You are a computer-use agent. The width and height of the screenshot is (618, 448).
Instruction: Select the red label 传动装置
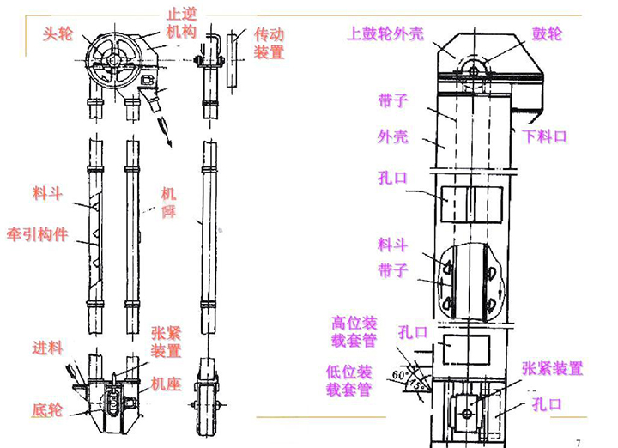coord(269,43)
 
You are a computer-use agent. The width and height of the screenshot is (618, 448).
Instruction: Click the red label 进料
coord(48,348)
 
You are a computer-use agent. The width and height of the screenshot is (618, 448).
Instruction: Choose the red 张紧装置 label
coord(167,342)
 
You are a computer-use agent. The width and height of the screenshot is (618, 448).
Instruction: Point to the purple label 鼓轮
coord(547,34)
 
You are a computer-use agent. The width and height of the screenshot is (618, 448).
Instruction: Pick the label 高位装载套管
coord(354,332)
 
